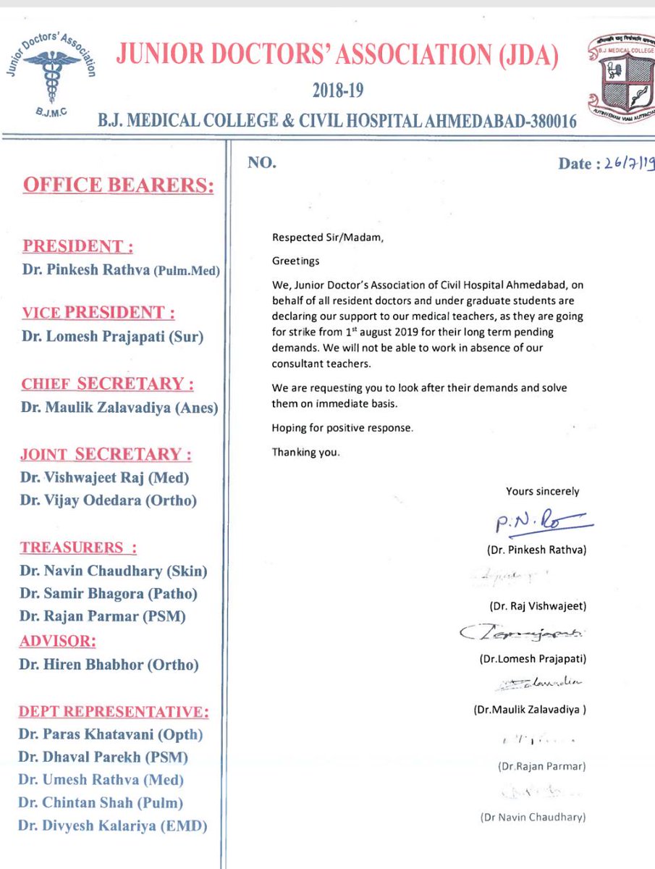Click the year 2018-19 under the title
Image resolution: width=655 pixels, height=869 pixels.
337,91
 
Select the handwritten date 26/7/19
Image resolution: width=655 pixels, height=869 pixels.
626,164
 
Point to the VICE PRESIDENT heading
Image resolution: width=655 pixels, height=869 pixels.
98,314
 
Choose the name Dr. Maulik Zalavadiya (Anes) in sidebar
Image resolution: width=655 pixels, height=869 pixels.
119,408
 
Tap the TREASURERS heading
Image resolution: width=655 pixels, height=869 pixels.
78,547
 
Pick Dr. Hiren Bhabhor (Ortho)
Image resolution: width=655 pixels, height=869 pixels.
109,665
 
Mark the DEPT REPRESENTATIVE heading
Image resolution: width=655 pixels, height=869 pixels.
114,712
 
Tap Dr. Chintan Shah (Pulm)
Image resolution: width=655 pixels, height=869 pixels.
101,802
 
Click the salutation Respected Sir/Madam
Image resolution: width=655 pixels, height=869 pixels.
319,238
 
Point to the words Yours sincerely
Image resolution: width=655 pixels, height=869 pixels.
542,491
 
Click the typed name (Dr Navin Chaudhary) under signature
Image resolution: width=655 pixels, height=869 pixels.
532,818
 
